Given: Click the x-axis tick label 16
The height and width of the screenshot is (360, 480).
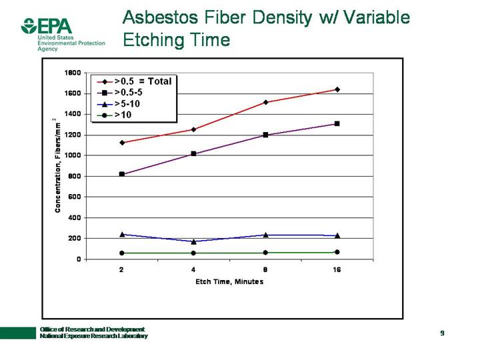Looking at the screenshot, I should [337, 270].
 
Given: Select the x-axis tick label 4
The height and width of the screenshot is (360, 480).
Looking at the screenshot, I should [193, 270].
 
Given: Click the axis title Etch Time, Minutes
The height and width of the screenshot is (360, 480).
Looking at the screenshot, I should [229, 281].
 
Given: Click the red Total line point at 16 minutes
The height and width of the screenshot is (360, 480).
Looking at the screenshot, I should [337, 89].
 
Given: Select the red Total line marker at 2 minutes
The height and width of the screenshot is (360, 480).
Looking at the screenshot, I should [121, 143].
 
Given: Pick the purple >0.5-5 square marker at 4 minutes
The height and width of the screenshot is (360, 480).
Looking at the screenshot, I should [193, 154].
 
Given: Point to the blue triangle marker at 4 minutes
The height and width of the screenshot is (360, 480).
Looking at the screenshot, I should [193, 241].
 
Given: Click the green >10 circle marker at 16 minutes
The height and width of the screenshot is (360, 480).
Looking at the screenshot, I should [337, 252].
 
